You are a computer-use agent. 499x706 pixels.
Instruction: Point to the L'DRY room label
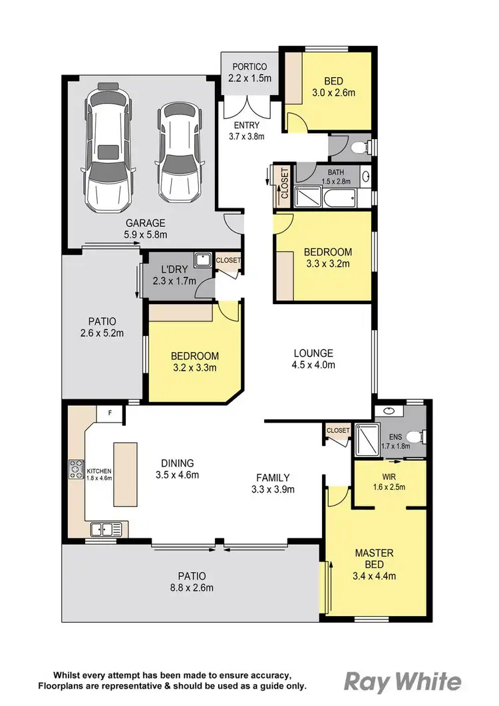pos(175,270)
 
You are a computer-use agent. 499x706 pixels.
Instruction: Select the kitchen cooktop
pos(75,470)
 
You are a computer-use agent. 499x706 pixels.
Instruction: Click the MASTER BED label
pos(373,553)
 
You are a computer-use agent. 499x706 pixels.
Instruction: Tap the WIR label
pos(389,476)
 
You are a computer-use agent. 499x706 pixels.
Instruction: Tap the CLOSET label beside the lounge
pos(338,431)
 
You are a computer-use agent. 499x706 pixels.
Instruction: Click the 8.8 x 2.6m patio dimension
pos(191,587)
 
